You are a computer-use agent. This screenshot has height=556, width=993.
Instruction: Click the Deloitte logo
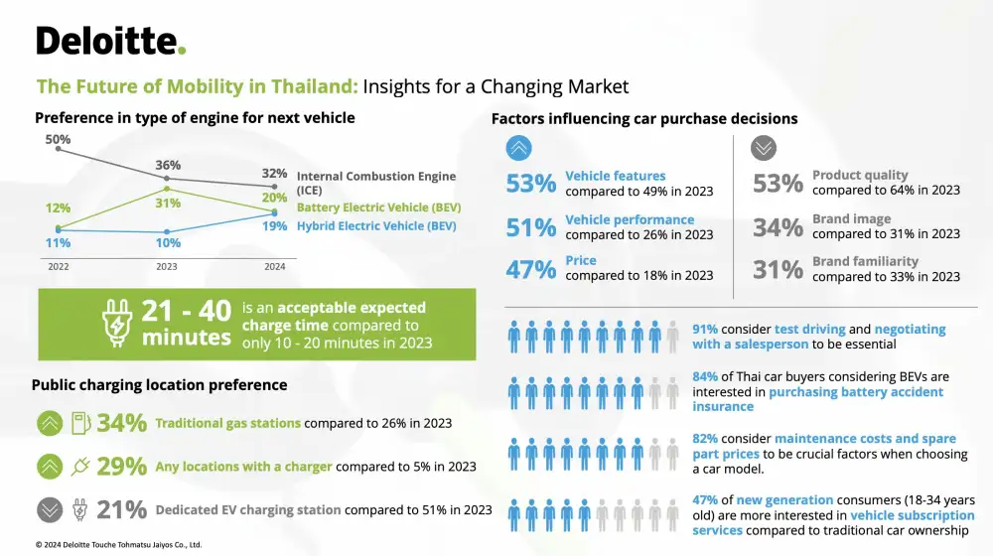(x=110, y=41)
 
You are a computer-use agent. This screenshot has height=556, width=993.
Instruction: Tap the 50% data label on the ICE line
(x=58, y=139)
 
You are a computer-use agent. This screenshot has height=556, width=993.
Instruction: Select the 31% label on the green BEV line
(x=168, y=204)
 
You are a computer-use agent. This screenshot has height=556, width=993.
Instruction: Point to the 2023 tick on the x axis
(x=168, y=266)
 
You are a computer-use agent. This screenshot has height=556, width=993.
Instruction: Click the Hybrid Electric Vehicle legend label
(x=376, y=226)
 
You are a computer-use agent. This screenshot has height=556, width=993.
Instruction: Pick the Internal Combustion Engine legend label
(x=376, y=183)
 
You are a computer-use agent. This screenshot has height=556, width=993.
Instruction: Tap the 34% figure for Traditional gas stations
(x=122, y=423)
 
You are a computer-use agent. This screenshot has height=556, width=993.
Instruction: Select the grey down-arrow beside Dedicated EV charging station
(x=50, y=509)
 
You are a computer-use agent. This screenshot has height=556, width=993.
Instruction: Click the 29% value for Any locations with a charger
(x=122, y=467)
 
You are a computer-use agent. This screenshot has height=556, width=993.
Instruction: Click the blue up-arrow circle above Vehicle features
(x=518, y=148)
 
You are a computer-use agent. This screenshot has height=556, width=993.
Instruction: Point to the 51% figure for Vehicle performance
(x=531, y=227)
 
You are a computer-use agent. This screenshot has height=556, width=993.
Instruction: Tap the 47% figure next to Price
(x=531, y=268)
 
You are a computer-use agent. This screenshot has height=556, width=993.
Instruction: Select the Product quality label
(x=860, y=176)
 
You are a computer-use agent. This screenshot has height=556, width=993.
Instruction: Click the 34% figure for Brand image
(x=778, y=227)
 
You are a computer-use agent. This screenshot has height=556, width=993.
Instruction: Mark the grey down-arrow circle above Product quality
(x=764, y=148)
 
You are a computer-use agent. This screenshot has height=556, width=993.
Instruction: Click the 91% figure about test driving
(x=705, y=329)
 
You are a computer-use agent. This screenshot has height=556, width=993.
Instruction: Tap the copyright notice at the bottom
(x=118, y=544)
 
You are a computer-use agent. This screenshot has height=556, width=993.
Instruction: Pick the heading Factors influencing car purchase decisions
(x=644, y=119)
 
